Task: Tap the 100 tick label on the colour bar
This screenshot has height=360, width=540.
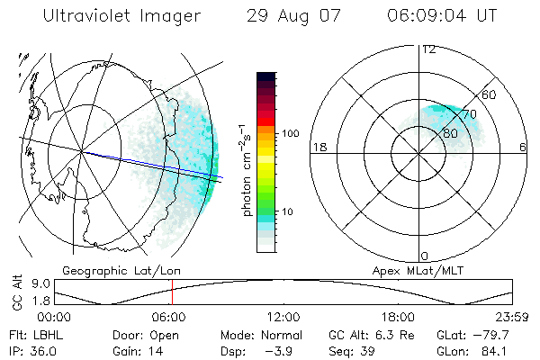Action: click(x=290, y=133)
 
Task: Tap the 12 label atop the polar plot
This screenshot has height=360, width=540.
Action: click(x=429, y=49)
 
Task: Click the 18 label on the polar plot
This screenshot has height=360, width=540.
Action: click(x=318, y=147)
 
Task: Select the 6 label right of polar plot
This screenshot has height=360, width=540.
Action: click(x=523, y=147)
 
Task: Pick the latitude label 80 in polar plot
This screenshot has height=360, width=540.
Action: click(x=451, y=131)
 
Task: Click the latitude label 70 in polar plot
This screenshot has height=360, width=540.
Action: click(x=469, y=114)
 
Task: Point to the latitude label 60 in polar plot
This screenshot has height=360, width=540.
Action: click(x=489, y=94)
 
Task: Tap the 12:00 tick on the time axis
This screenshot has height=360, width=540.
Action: click(x=283, y=317)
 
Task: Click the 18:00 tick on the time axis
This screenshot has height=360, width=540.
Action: click(x=398, y=317)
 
